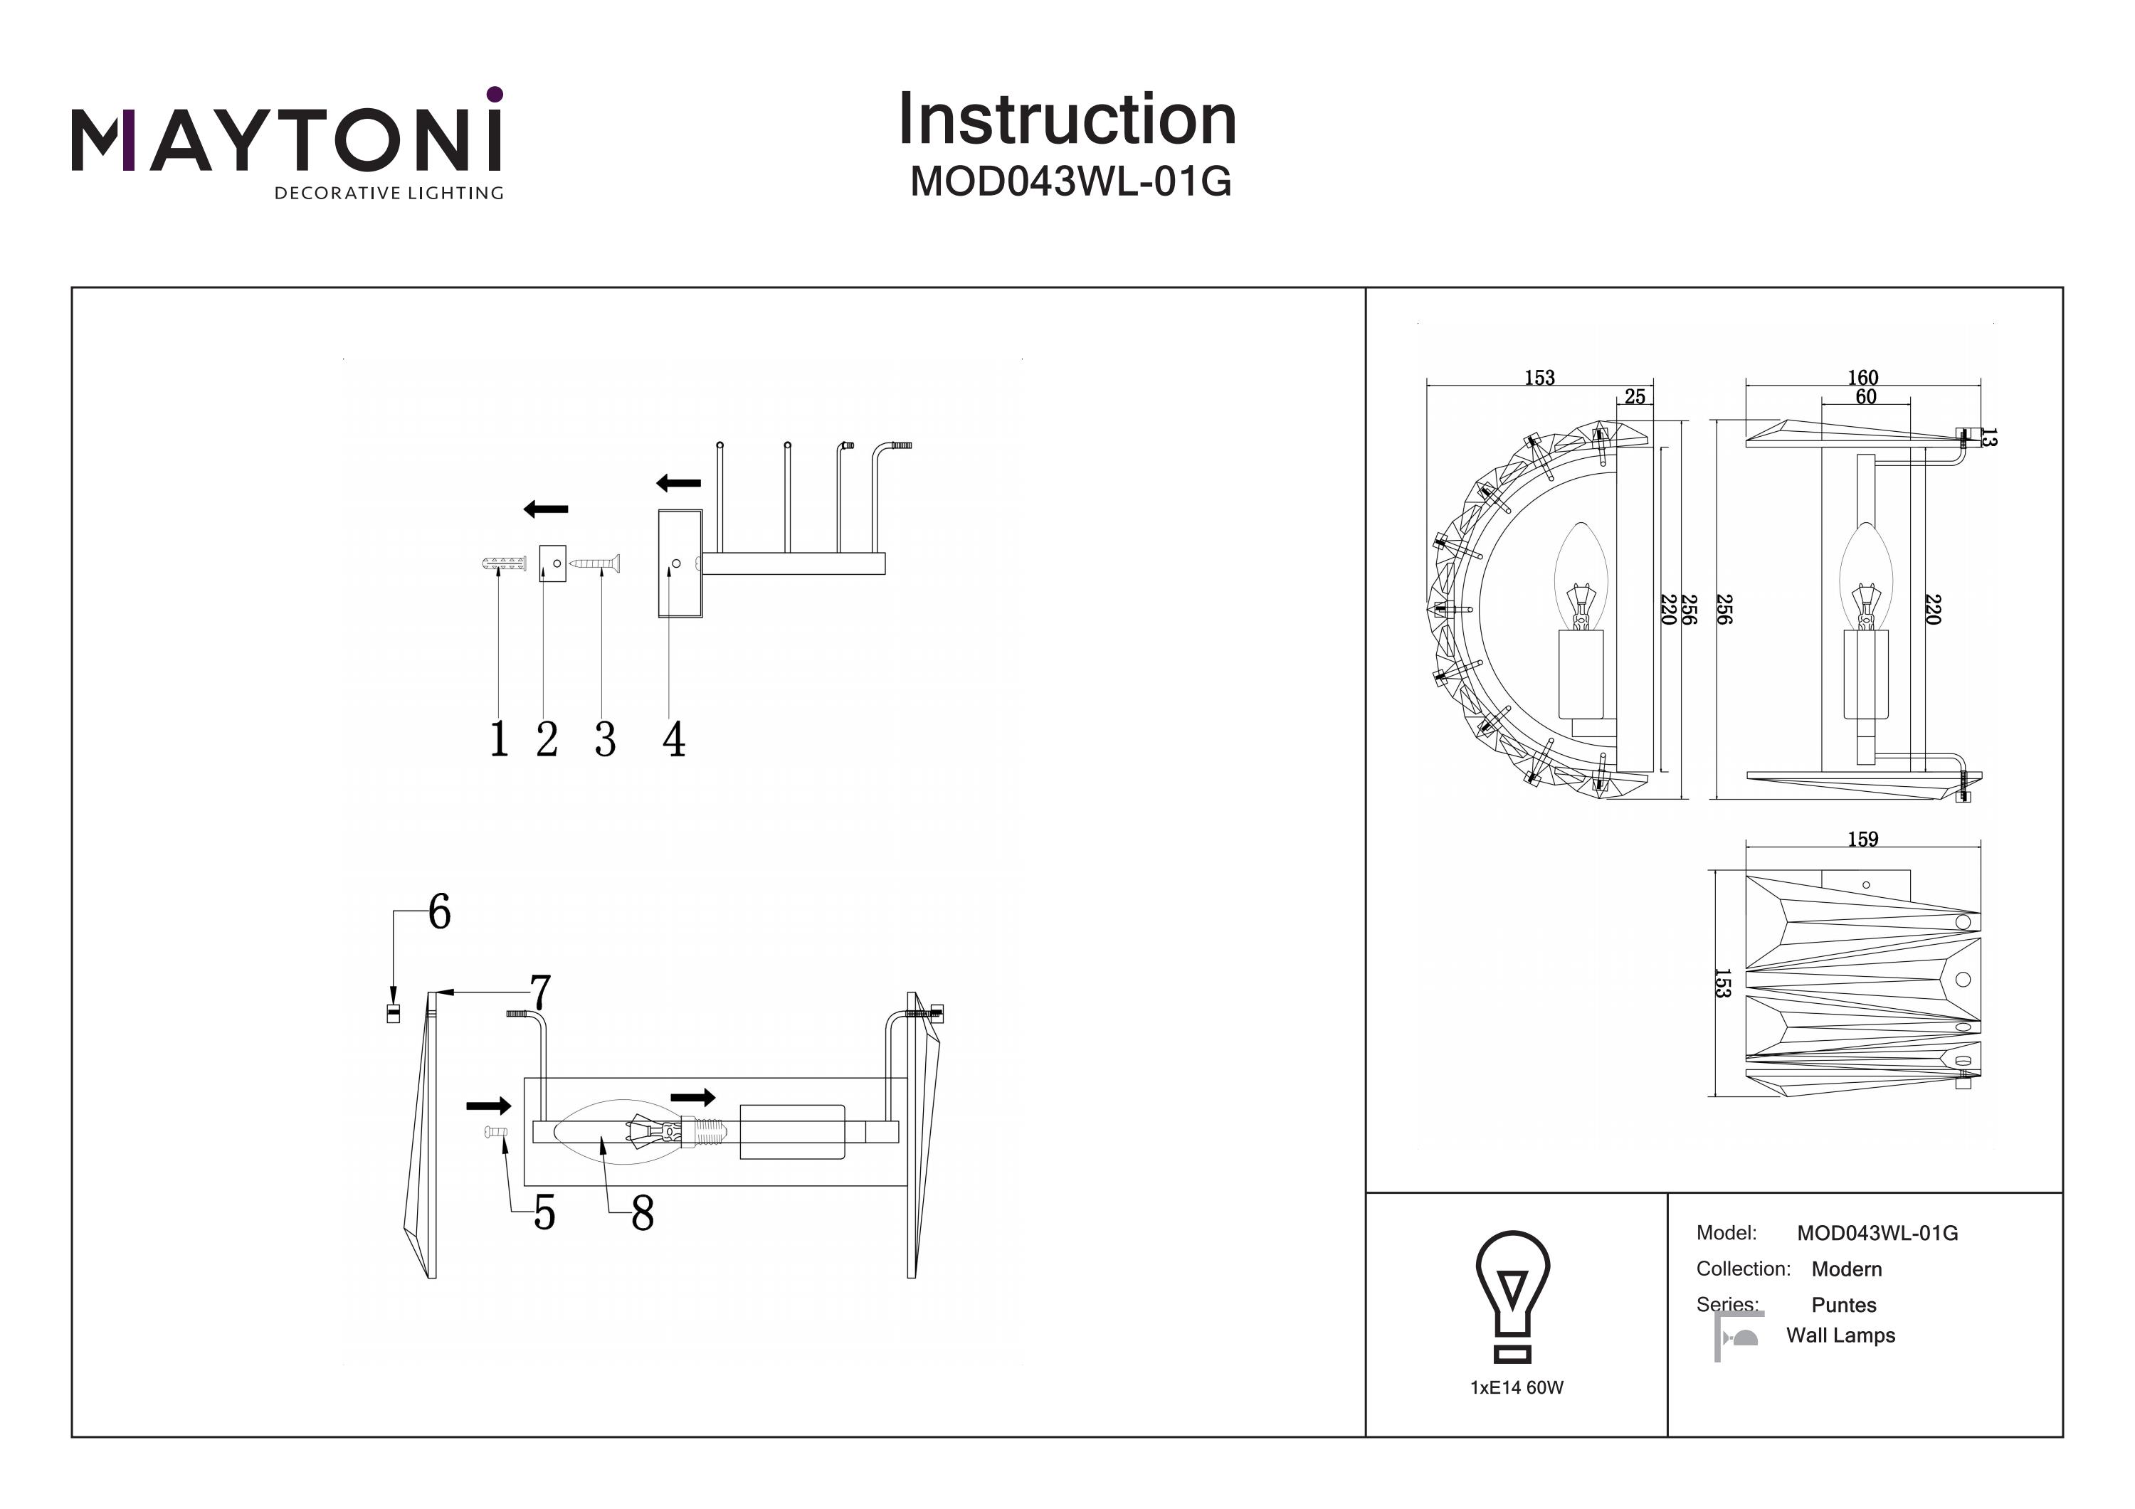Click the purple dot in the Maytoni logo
495,94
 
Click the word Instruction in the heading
1067,120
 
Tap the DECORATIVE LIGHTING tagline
389,194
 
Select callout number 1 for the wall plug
500,740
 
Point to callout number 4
673,740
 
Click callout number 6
440,912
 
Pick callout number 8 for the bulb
643,1213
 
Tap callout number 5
545,1213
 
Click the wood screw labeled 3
595,563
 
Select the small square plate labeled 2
552,563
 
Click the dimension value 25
1635,397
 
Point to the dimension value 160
1862,378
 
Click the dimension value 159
1862,840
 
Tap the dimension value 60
1865,397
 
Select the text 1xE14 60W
1517,1387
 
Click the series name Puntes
1844,1304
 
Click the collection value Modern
1847,1269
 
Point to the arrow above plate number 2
546,509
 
